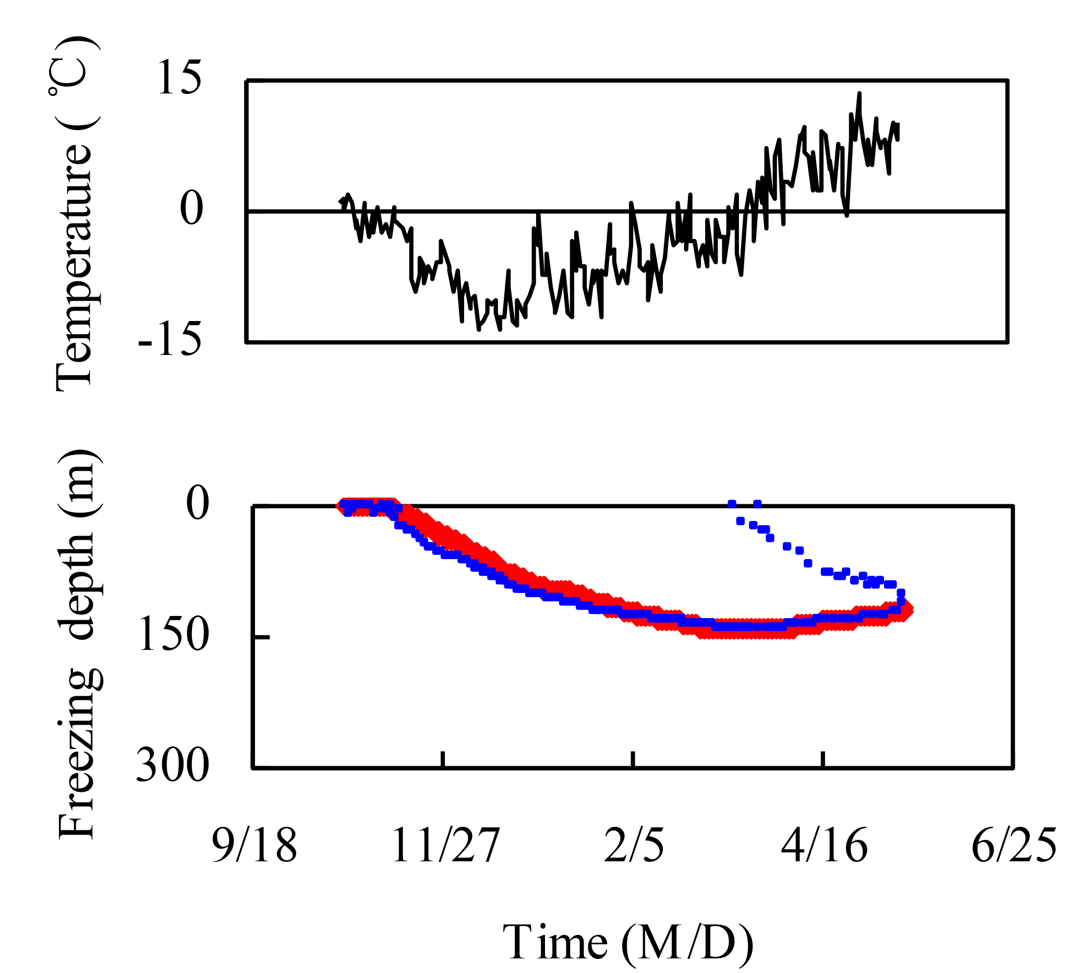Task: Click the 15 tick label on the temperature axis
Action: click(179, 79)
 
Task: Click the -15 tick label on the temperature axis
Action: click(170, 340)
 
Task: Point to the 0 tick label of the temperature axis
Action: click(191, 209)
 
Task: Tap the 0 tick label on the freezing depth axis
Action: click(197, 504)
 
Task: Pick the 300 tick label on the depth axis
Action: click(172, 766)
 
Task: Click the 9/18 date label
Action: click(254, 846)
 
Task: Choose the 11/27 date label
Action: click(445, 846)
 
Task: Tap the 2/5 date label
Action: click(634, 846)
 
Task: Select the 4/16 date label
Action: click(823, 846)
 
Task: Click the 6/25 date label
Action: click(1013, 846)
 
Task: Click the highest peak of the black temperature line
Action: click(859, 93)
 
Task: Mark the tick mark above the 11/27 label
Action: click(443, 759)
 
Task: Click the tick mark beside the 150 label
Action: click(262, 637)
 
